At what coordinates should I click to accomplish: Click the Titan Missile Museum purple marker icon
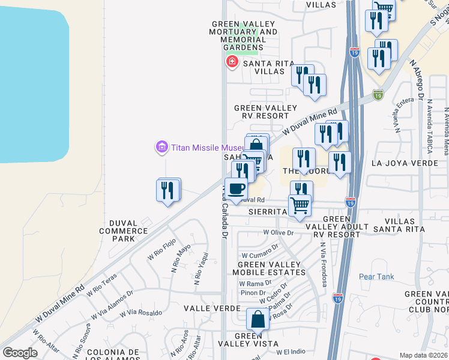[x=161, y=147]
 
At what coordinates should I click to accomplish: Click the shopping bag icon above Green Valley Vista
[x=258, y=319]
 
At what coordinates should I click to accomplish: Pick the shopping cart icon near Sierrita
[x=300, y=206]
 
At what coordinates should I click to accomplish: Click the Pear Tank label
[x=376, y=277]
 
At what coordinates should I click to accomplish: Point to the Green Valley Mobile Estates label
[x=269, y=269]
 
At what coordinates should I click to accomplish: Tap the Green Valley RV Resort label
[x=265, y=112]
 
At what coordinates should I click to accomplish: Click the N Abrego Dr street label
[x=417, y=78]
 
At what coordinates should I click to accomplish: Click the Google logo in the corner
[x=20, y=353]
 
